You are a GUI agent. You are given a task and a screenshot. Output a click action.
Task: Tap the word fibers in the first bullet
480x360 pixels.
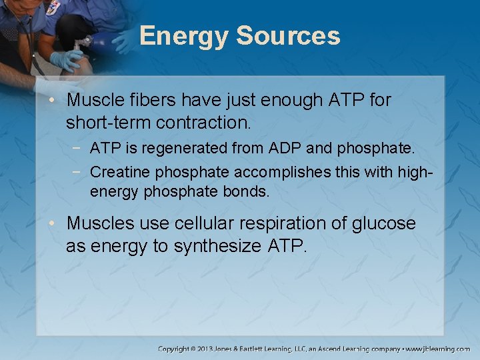tap(148, 101)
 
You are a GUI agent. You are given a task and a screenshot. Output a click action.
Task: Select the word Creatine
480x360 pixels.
tap(120, 172)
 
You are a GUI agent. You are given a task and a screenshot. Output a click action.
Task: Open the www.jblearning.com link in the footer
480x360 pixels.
tap(439, 349)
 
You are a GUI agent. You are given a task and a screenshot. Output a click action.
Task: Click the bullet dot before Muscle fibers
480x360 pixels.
tap(56, 101)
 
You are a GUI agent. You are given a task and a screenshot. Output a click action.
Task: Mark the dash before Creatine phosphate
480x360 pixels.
tap(79, 173)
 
